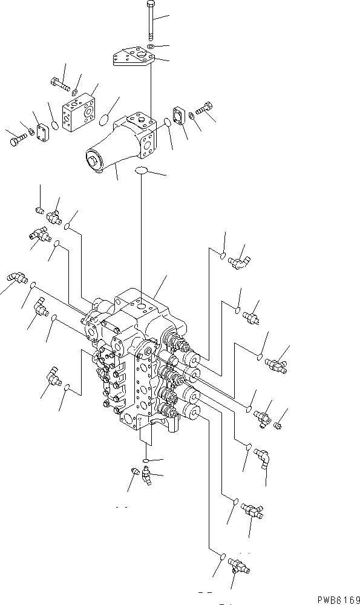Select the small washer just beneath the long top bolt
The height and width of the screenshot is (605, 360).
click(x=149, y=46)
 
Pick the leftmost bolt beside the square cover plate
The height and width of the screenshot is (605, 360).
click(x=15, y=140)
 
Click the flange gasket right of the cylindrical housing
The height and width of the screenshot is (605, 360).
click(x=180, y=116)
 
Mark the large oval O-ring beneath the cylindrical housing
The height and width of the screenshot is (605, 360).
click(x=142, y=171)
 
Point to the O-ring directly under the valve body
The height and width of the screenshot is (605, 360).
click(x=147, y=460)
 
